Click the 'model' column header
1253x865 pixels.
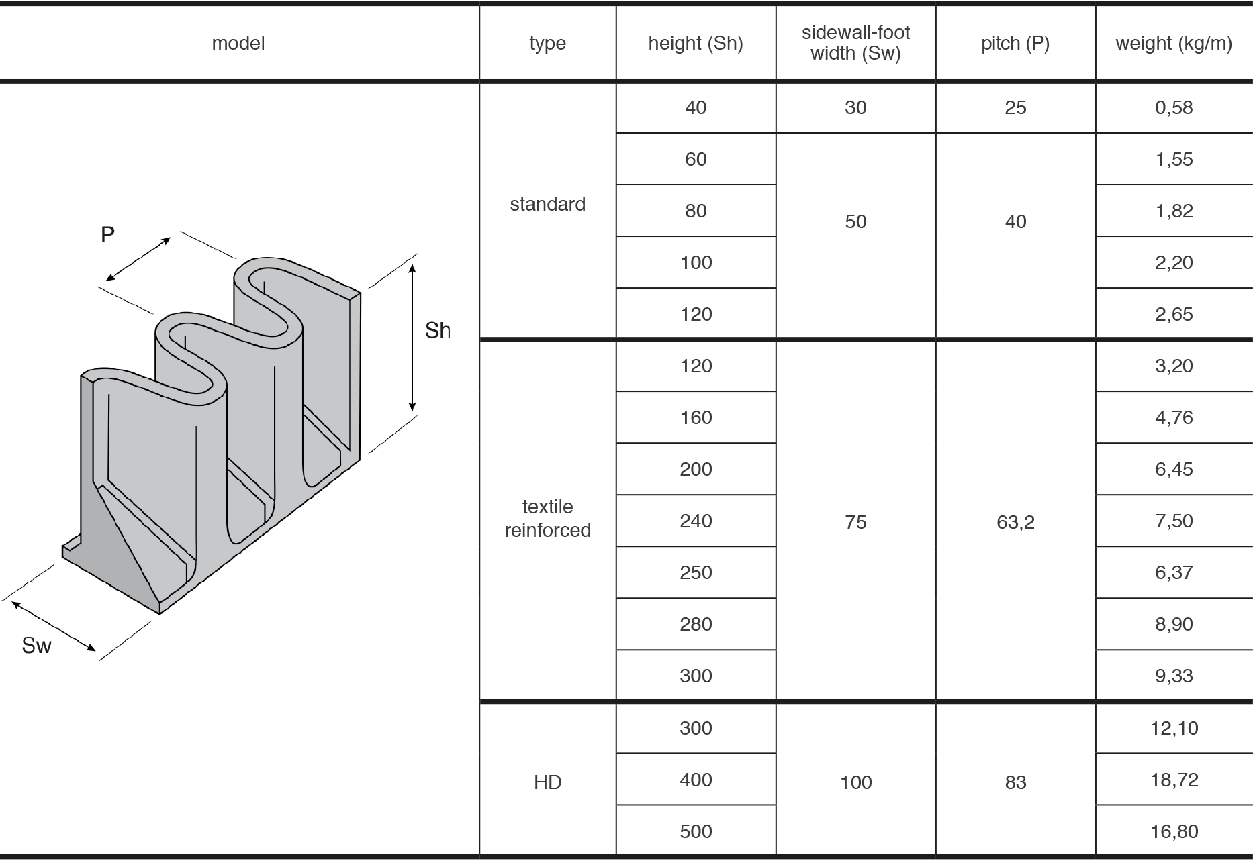pos(238,44)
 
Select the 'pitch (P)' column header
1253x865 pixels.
pos(1015,44)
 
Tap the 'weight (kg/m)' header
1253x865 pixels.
pos(1173,44)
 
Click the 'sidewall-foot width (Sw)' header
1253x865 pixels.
pos(855,43)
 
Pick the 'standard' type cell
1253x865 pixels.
pos(547,204)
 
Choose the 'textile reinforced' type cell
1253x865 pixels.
pos(547,519)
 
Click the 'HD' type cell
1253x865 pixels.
pos(547,782)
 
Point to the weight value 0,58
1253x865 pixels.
pos(1173,107)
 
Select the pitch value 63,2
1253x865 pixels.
pos(1015,521)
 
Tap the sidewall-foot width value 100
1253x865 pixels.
pos(855,782)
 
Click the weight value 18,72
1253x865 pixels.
pos(1173,780)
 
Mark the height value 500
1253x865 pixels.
pos(695,831)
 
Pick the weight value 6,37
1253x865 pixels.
pos(1173,572)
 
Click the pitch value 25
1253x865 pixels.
pos(1015,107)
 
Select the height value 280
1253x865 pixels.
pos(695,624)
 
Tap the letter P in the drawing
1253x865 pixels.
pos(107,235)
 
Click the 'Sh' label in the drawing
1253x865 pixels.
pos(437,330)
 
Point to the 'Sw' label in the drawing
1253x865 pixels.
pos(36,645)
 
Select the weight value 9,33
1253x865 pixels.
pos(1173,676)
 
